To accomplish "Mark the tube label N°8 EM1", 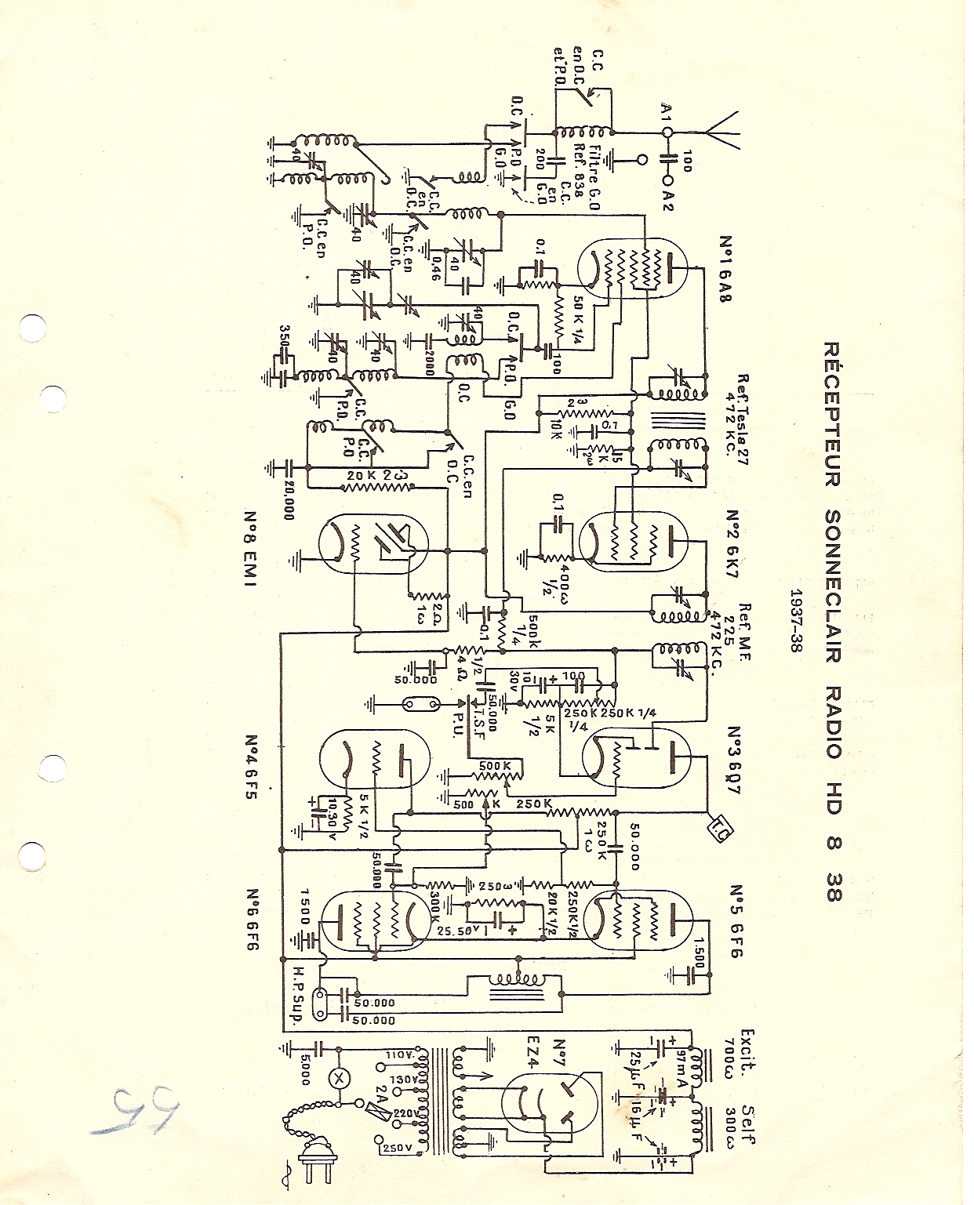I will (x=252, y=554).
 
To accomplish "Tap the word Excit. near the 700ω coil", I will (x=746, y=1044).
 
